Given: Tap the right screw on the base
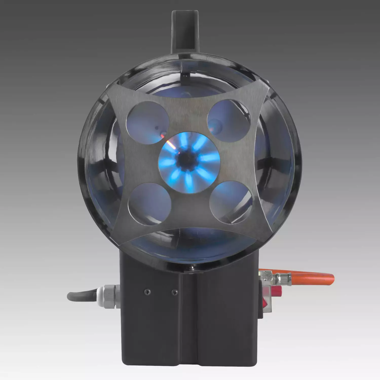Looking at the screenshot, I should pos(174,292).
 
